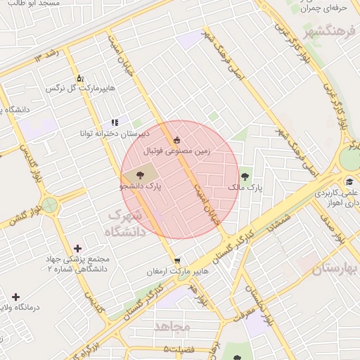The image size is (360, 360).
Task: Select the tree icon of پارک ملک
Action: (x=244, y=176)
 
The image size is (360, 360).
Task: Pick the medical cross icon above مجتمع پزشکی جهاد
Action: (x=77, y=248)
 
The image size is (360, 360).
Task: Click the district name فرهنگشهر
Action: (x=330, y=32)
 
